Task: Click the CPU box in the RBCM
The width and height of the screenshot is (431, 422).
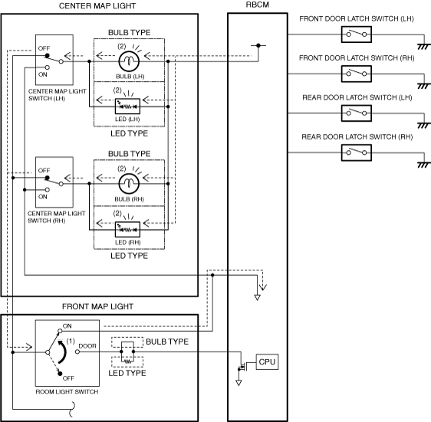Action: [x=267, y=361]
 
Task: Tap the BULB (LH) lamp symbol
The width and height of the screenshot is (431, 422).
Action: [x=129, y=61]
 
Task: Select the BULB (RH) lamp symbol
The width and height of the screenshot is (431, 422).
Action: [x=129, y=183]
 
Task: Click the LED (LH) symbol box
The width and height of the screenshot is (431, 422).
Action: [x=127, y=106]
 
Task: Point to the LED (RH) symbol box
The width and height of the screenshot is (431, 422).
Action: [x=127, y=229]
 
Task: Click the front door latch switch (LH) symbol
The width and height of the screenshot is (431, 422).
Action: [x=357, y=34]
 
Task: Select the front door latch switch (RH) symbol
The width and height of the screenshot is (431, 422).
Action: [x=357, y=74]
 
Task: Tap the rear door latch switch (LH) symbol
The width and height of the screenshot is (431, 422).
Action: [x=357, y=113]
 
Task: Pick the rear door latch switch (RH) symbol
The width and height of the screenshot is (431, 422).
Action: [x=357, y=152]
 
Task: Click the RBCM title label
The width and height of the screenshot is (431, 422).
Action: [x=257, y=5]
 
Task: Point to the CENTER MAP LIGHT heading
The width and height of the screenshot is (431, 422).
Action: [x=97, y=6]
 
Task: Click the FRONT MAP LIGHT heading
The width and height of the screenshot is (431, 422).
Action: [x=97, y=306]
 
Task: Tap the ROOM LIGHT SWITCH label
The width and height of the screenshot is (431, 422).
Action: [x=67, y=391]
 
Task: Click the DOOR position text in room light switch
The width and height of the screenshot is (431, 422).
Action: [x=87, y=346]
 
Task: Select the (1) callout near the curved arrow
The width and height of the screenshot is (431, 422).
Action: [x=71, y=341]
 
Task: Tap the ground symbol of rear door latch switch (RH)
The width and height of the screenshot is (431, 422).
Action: [x=423, y=165]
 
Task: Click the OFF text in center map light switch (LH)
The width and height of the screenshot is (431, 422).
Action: [x=44, y=48]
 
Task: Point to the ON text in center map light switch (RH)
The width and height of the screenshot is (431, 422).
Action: [x=43, y=197]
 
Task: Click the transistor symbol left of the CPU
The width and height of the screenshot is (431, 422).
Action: [x=242, y=366]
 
